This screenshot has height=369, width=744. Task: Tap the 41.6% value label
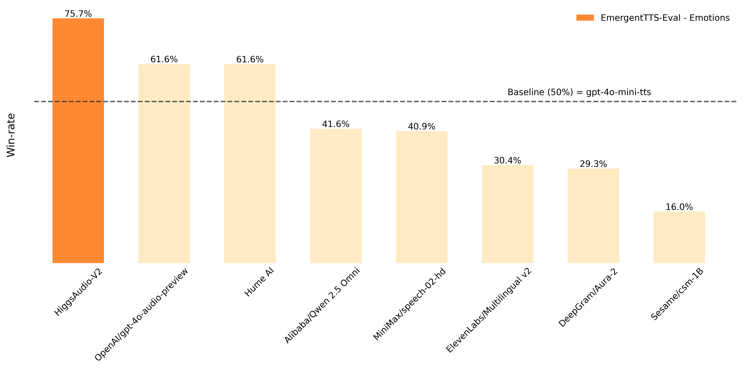pyautogui.click(x=336, y=124)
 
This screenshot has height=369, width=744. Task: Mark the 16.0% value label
pyautogui.click(x=679, y=207)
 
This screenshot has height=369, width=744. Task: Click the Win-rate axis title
pyautogui.click(x=11, y=135)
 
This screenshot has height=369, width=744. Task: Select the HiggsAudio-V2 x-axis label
pyautogui.click(x=79, y=292)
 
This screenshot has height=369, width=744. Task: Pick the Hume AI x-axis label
pyautogui.click(x=259, y=283)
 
